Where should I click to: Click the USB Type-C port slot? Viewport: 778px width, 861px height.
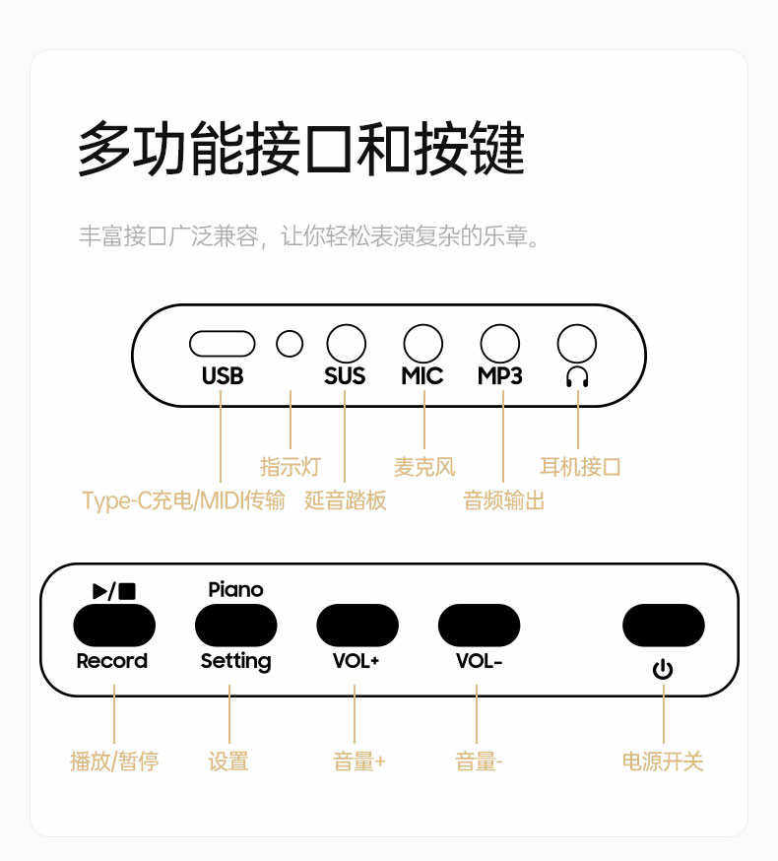[x=222, y=344]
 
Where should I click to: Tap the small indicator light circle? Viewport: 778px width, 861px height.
[x=290, y=344]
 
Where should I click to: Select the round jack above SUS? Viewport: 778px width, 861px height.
[x=346, y=344]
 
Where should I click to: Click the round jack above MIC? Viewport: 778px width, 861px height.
[x=422, y=344]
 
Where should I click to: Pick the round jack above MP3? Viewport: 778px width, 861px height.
[x=499, y=344]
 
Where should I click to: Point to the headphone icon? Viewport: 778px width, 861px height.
[x=577, y=376]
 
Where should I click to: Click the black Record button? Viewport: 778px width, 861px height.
[x=114, y=625]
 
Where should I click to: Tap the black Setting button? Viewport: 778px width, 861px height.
[x=235, y=625]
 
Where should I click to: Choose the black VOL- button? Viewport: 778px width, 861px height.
[x=479, y=625]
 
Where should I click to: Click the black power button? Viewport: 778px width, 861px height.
[x=663, y=625]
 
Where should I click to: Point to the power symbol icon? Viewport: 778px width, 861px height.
[x=663, y=671]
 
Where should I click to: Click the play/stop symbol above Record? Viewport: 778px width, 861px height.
[x=114, y=590]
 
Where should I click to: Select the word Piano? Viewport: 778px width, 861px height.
[x=235, y=589]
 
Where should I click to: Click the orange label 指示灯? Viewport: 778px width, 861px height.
[x=290, y=466]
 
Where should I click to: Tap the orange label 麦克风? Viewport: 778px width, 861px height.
[x=424, y=466]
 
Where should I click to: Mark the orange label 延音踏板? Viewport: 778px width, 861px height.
[x=346, y=500]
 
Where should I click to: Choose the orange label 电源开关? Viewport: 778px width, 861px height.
[x=663, y=761]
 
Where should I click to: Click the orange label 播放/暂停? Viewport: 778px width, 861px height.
[x=114, y=761]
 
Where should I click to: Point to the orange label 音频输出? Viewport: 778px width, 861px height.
[x=503, y=500]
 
